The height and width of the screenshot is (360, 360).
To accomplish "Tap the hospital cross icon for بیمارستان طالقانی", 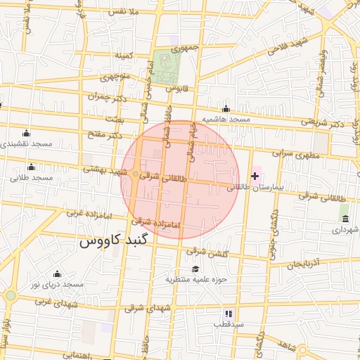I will (255, 176).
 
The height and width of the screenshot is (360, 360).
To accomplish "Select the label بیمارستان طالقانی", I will (255, 188).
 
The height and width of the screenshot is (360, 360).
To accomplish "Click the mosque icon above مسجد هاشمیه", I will (226, 109).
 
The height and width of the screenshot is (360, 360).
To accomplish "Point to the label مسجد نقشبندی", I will (26, 143).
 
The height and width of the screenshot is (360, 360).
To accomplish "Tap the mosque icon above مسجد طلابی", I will (31, 167).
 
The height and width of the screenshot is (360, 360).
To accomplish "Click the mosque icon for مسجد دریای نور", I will (57, 274).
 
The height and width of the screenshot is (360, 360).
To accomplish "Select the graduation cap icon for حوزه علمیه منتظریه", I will (195, 269).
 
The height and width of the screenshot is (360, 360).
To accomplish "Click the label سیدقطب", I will (229, 325).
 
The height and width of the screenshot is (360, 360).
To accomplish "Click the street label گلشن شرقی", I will (206, 252).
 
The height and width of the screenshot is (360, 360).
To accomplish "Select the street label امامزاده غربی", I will (86, 211).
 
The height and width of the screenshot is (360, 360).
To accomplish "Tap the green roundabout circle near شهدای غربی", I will (9, 295).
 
